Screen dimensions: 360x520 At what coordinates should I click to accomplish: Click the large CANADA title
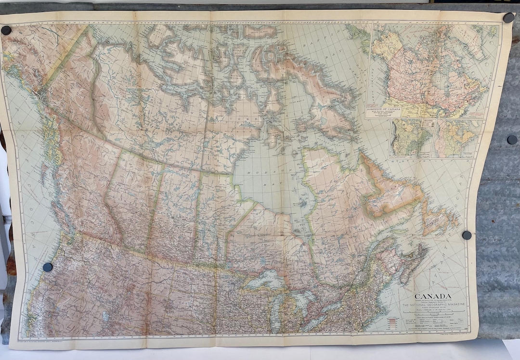[433, 296]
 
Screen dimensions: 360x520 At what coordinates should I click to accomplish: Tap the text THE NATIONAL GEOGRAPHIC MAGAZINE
[433, 305]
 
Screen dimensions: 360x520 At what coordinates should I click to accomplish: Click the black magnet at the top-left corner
[6, 30]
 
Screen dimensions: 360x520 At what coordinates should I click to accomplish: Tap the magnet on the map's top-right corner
[508, 18]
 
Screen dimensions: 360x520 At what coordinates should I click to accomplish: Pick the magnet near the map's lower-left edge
[48, 267]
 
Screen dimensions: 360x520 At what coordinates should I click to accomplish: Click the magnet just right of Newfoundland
[467, 235]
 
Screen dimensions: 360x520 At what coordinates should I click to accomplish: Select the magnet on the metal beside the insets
[512, 140]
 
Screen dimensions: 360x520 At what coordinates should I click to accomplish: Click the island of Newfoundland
[439, 220]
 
